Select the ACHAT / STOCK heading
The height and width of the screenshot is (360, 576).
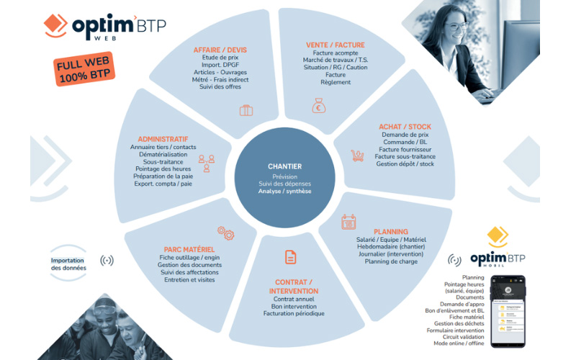coord(405,127)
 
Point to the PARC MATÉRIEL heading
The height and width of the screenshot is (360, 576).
coord(189,249)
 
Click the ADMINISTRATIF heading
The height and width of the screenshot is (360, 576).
coord(163,138)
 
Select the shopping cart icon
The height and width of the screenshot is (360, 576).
coord(356,155)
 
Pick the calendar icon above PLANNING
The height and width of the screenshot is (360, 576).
coord(348,221)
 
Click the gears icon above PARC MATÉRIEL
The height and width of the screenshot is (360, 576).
coord(225,233)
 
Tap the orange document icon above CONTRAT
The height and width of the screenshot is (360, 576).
coord(290,257)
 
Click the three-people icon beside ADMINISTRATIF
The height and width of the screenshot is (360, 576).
coord(207,163)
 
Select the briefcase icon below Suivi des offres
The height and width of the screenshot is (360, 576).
coord(246,111)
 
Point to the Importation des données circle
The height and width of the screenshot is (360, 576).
coord(68,264)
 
